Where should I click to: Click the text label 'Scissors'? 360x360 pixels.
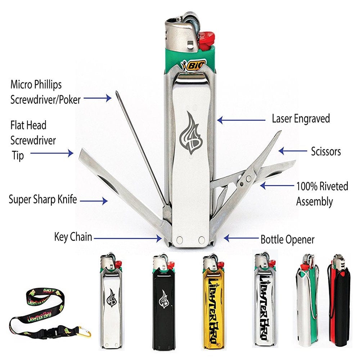click(x=326, y=151)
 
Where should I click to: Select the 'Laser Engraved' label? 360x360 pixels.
click(x=301, y=119)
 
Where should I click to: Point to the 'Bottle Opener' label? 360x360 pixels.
click(x=288, y=239)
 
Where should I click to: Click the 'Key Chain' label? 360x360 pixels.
click(x=73, y=237)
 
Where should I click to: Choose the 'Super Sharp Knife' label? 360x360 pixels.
click(x=43, y=199)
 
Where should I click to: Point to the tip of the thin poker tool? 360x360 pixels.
click(x=117, y=94)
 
